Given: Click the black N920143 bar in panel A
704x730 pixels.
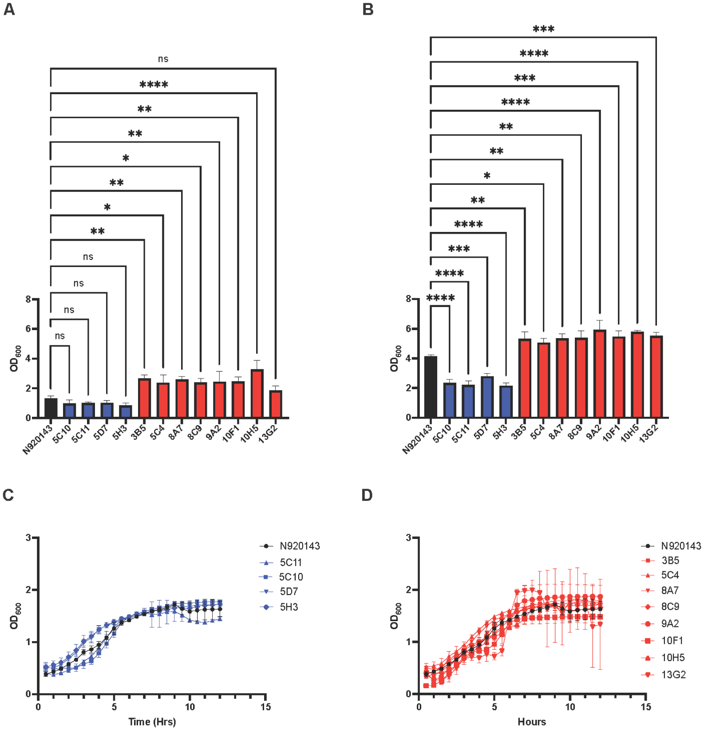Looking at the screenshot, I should point(51,408).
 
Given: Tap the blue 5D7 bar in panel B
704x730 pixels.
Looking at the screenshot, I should point(487,397).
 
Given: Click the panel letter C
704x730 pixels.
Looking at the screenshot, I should point(8,495).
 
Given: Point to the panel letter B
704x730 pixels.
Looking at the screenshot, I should point(368,9).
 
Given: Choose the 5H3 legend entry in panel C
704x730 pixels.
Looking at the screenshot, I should point(289,607).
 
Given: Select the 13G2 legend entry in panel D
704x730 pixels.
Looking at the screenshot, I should point(673,674).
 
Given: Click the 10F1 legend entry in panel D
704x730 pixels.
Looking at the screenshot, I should point(672,640).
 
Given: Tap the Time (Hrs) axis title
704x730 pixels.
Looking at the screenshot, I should point(152,722).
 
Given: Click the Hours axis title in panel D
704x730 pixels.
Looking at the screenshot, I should point(532,722).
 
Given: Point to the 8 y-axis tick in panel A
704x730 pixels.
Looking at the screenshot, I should point(28,299).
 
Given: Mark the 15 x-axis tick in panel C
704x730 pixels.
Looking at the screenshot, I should point(265,707).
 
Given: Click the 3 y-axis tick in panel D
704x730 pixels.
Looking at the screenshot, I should point(408,538).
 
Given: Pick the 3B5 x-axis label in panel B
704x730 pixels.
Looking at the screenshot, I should point(518,432).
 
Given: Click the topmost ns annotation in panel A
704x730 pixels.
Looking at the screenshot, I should point(163,59).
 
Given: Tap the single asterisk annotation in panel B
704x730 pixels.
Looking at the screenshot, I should point(487,176).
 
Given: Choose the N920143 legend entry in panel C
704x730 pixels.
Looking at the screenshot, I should point(300,546).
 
